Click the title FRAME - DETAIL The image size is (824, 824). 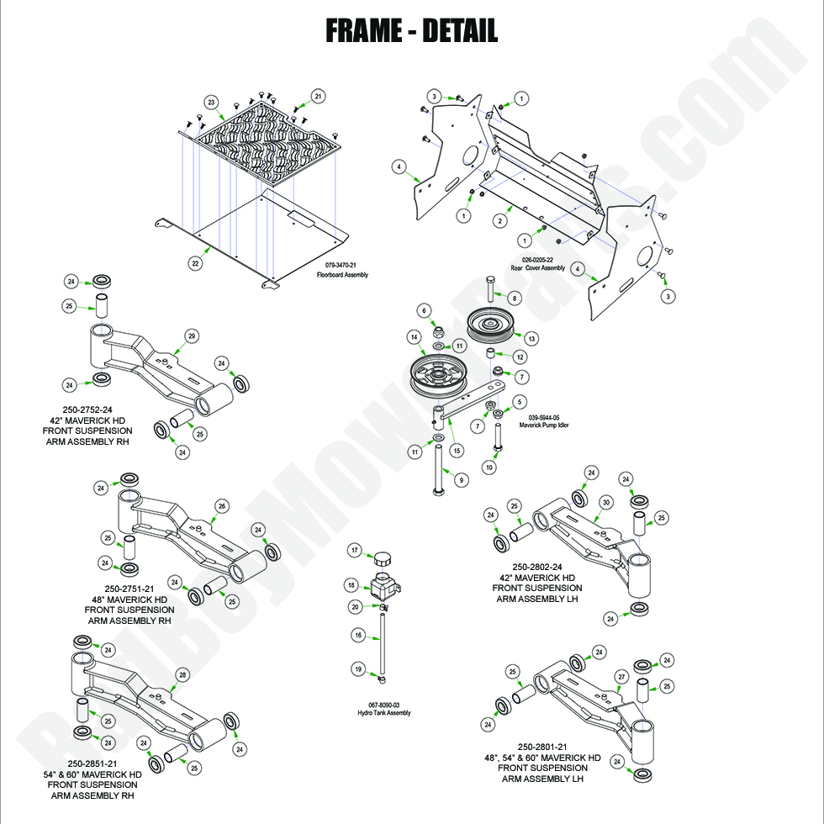[411, 31]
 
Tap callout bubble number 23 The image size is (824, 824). [212, 103]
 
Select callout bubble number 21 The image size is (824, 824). [318, 97]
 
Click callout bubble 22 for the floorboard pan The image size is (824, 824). [195, 263]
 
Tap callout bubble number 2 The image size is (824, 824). [499, 221]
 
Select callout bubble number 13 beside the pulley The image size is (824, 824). [531, 338]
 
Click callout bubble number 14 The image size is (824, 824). [414, 337]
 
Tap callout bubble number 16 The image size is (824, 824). [358, 636]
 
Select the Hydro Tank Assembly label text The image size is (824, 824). [384, 713]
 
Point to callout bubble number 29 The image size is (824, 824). [192, 336]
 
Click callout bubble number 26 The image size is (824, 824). [221, 506]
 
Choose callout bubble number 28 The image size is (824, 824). [182, 675]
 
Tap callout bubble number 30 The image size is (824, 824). [605, 502]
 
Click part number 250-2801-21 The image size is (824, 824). [542, 747]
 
